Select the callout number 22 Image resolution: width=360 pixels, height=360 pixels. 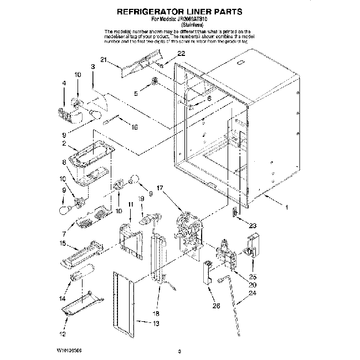[x=181, y=53]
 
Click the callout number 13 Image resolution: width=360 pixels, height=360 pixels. [x=156, y=323]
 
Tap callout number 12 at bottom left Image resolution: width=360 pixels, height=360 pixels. [x=63, y=334]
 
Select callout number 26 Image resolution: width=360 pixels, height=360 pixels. [x=216, y=304]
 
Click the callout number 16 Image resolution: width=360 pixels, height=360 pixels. [x=133, y=126]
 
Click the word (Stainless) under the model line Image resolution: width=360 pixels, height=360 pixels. [x=181, y=25]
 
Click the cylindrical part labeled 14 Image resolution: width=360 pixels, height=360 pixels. [x=81, y=274]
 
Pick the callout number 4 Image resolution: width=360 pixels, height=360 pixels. [x=64, y=83]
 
